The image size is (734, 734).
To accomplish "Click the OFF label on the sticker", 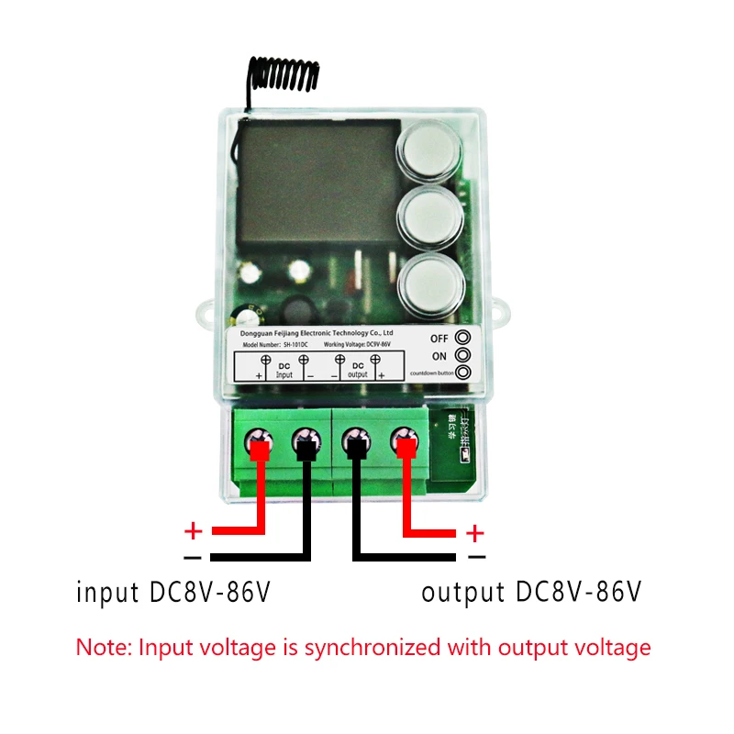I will click(439, 338).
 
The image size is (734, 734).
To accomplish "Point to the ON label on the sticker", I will click(439, 356).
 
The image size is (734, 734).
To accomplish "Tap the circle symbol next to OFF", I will click(463, 338).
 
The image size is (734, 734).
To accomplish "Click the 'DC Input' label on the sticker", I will click(284, 370).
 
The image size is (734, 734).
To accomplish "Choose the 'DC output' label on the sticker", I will click(358, 370).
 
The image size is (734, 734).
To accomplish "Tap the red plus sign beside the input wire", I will click(193, 531).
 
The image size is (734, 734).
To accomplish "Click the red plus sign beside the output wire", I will click(474, 531).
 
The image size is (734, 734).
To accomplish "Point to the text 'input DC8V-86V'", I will click(173, 592).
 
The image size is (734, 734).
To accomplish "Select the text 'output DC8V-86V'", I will click(530, 592).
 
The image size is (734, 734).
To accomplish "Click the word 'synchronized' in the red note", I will click(372, 647).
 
